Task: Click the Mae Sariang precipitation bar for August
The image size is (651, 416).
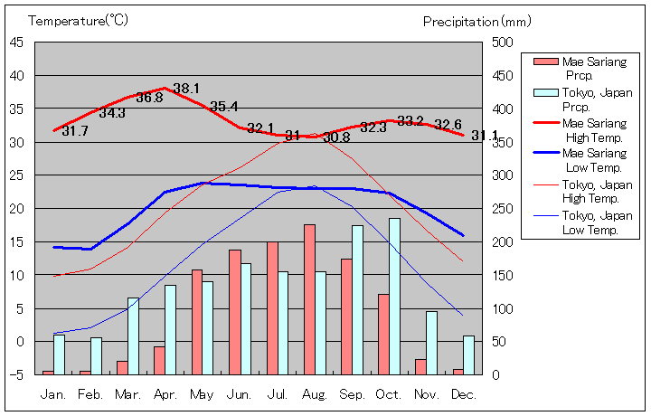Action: (309, 299)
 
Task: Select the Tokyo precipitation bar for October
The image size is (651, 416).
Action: (394, 296)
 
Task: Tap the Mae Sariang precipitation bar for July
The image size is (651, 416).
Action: (272, 307)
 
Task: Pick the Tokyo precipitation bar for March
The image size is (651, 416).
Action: (133, 336)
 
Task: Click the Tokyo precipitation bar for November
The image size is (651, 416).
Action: (431, 343)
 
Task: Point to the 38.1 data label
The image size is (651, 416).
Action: (185, 89)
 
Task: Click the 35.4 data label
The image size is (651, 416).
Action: (223, 107)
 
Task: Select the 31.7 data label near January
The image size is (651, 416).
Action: (75, 131)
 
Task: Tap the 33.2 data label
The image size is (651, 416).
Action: (410, 121)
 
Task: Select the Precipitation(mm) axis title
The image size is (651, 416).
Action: (473, 21)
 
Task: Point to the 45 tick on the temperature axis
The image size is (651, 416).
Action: (17, 43)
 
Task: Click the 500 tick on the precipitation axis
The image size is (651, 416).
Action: (503, 43)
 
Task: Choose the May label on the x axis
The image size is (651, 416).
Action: (203, 394)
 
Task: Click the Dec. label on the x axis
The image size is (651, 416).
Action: (463, 394)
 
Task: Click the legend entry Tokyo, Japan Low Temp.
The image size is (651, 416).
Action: (598, 222)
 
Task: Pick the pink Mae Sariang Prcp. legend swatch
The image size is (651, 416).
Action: (545, 61)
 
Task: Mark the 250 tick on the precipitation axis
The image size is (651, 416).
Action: (503, 208)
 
